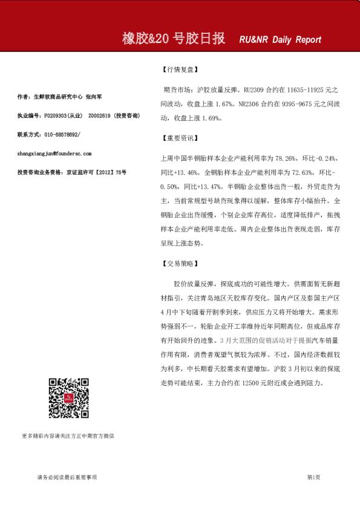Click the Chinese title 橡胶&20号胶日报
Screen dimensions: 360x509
[x=174, y=39]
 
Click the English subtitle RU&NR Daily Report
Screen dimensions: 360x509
[x=280, y=41]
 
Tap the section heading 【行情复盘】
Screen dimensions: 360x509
[x=180, y=70]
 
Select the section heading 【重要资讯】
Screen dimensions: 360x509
[x=180, y=138]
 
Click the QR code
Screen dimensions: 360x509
[x=68, y=398]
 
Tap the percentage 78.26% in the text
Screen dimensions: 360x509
[x=283, y=158]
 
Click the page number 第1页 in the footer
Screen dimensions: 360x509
[x=313, y=478]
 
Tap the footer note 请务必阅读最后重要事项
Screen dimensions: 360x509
[x=67, y=478]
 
